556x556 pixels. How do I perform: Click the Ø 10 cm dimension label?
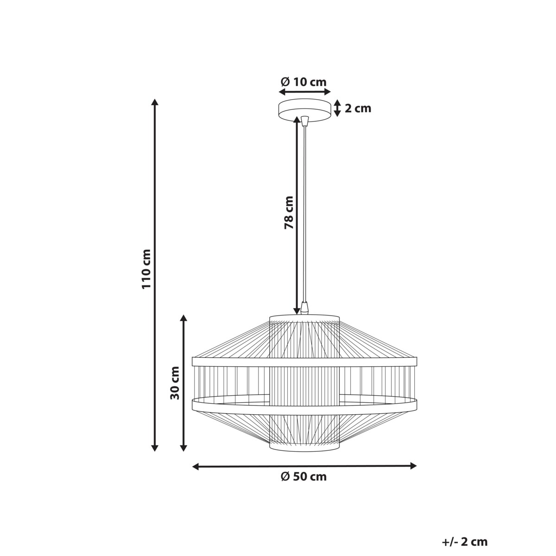point(303,82)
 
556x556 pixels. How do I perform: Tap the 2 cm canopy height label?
point(358,108)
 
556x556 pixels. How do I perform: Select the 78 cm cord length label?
point(289,212)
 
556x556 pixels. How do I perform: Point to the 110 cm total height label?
point(147,269)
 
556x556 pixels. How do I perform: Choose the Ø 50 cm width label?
point(303,477)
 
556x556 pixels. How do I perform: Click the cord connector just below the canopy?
point(304,121)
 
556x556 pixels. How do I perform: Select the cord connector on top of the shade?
point(304,308)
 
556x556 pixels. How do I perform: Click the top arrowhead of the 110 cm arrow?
point(155,102)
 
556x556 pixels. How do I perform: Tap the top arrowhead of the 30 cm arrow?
point(183,319)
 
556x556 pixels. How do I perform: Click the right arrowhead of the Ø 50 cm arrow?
point(413,466)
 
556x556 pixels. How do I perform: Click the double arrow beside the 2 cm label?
point(338,108)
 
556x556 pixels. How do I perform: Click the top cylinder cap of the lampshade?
point(304,318)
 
